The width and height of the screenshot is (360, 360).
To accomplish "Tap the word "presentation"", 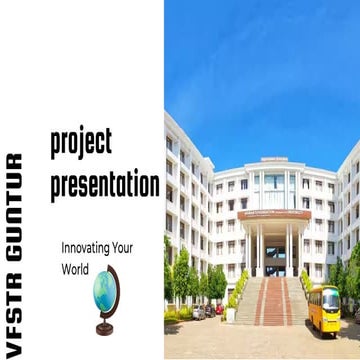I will tap(105, 183).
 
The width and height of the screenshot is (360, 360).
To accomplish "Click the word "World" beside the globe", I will tap(76, 269).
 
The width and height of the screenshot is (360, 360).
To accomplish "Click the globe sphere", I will tap(105, 289).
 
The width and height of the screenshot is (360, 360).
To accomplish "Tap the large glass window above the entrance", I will tap(274, 181).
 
